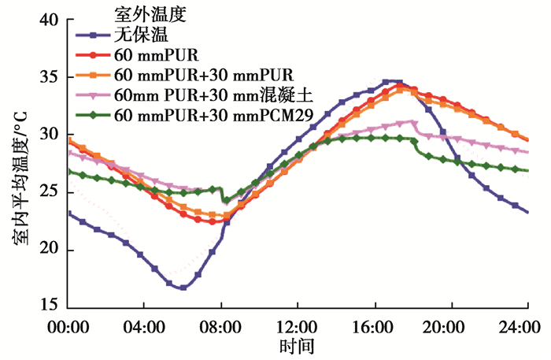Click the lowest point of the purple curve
point(183,288)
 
